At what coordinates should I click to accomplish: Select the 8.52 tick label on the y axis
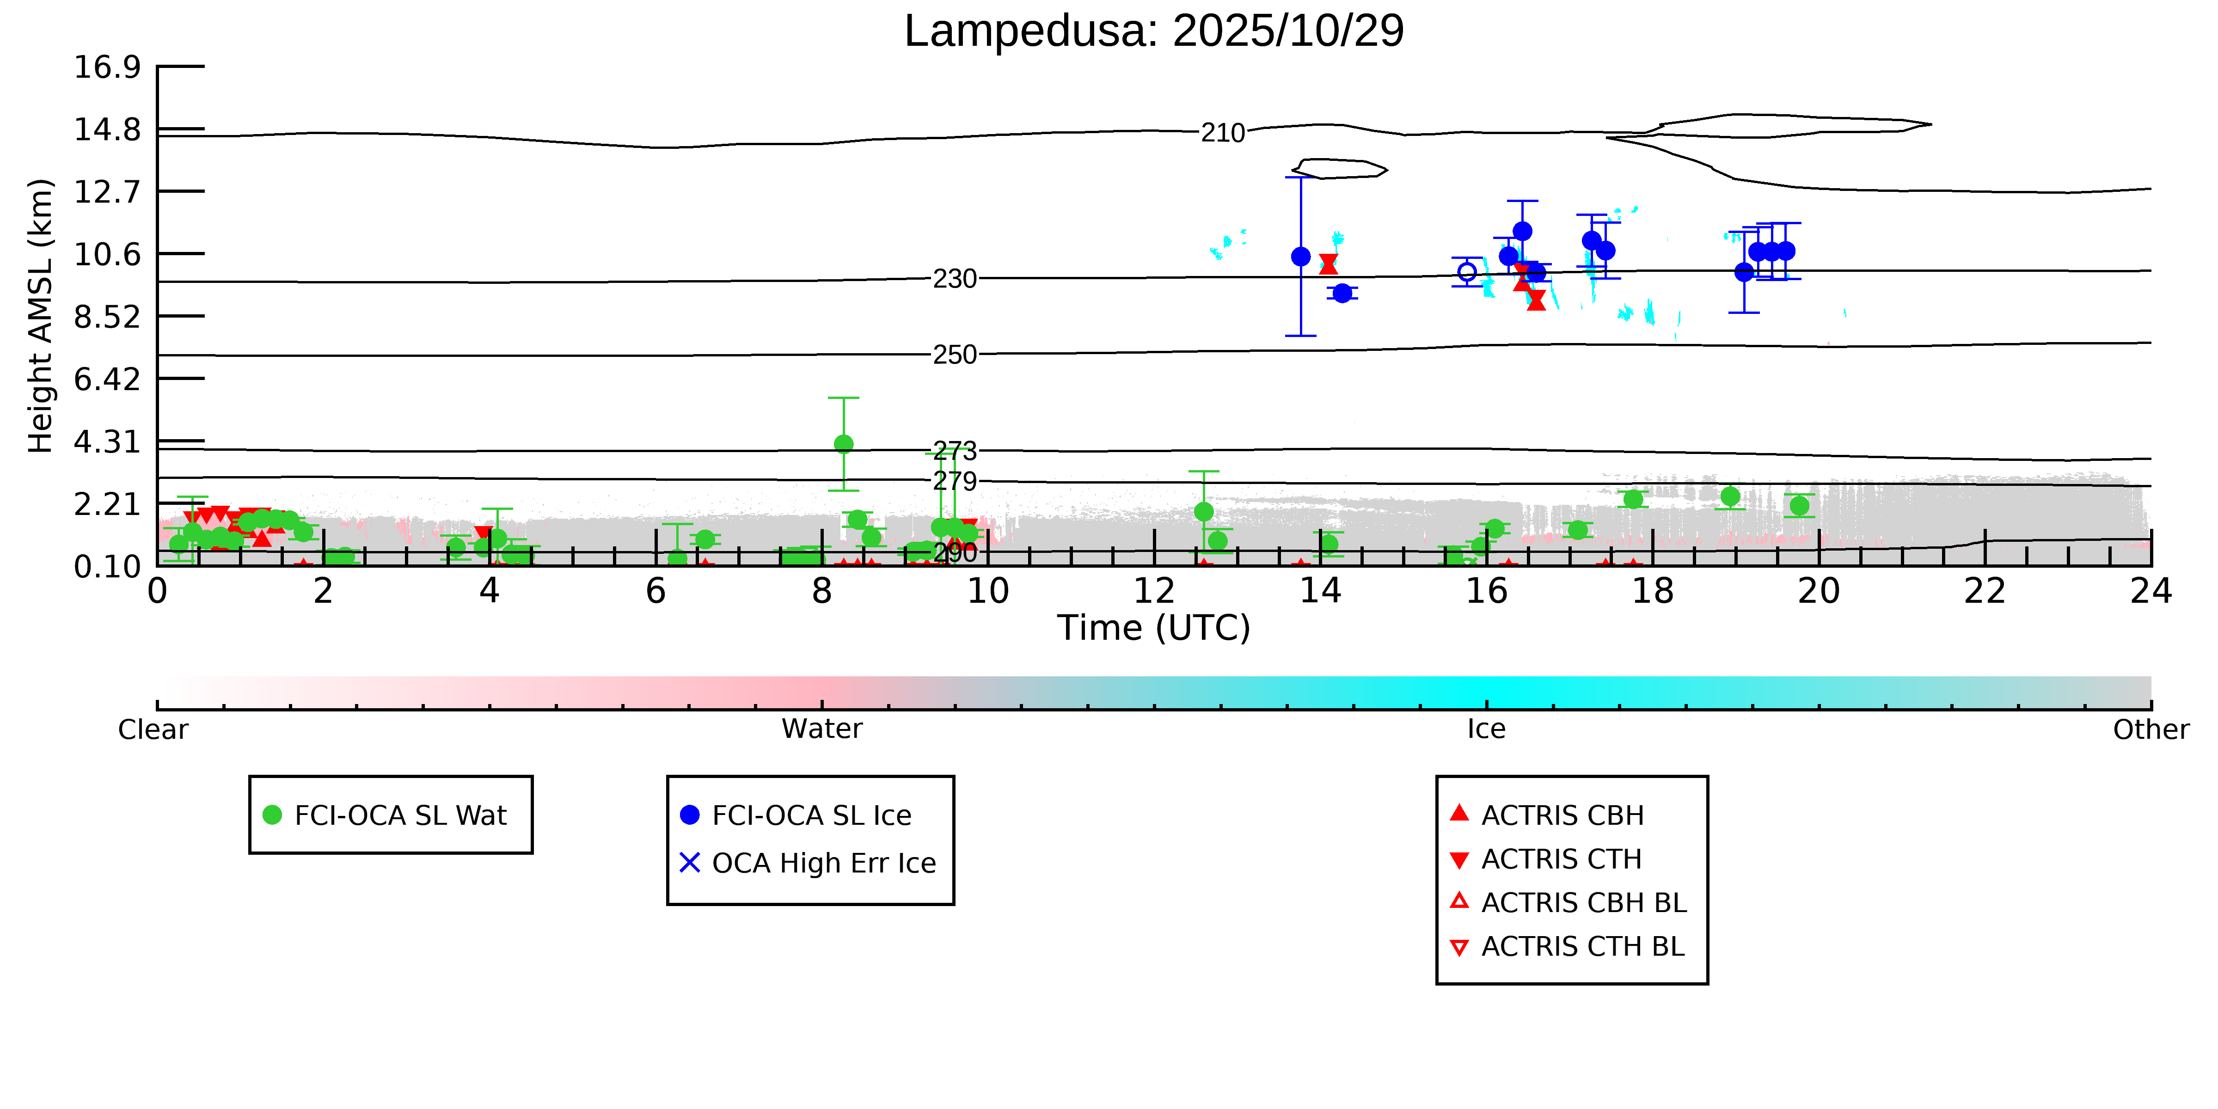(107, 317)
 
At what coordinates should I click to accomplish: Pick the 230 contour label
(955, 279)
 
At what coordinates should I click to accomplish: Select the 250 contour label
(955, 355)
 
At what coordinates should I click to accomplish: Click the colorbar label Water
(821, 729)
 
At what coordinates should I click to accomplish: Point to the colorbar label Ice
(1486, 729)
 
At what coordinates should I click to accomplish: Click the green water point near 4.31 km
(844, 444)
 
